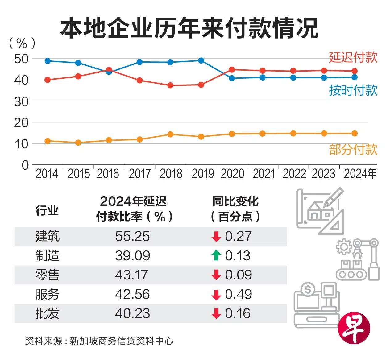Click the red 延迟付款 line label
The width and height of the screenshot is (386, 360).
[x=353, y=57]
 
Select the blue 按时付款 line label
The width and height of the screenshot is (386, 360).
[x=353, y=90]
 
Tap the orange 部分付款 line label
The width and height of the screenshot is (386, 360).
[x=353, y=150]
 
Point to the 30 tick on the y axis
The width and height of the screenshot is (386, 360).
[x=21, y=101]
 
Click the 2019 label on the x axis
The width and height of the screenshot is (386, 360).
[x=202, y=174]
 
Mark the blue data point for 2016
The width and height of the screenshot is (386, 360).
[x=109, y=72]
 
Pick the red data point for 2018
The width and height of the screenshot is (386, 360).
[x=170, y=85]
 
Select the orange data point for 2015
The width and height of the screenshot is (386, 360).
[x=78, y=143]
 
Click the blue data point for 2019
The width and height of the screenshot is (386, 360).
[x=201, y=60]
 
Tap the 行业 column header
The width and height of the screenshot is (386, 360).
[x=47, y=210]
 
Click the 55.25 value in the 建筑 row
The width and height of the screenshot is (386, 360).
[x=132, y=236]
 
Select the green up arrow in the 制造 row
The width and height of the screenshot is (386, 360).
[x=216, y=255]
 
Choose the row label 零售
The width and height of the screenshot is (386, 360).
[x=47, y=275]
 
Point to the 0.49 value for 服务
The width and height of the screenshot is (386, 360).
[x=238, y=294]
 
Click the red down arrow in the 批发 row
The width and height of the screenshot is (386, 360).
[x=216, y=313]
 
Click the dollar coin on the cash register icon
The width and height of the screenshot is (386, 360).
[x=308, y=289]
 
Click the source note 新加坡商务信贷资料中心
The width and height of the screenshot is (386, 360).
[x=122, y=341]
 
